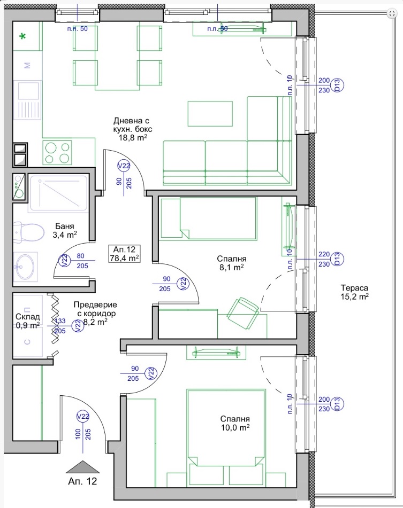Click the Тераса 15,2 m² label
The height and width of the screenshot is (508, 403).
(354, 292)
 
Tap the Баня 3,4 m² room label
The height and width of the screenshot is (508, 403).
(65, 230)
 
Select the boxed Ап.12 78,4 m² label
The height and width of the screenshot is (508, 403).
(125, 254)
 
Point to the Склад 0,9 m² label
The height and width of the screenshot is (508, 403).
(28, 321)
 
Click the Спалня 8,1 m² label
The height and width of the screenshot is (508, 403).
(231, 263)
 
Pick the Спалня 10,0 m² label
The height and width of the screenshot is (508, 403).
(235, 423)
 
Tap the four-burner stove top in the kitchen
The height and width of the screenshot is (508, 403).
(57, 153)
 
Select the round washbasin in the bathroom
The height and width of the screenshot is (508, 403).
(25, 267)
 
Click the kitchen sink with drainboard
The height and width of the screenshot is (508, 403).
(28, 100)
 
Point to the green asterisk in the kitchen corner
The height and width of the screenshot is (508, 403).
(22, 37)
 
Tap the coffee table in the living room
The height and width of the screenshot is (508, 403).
(210, 113)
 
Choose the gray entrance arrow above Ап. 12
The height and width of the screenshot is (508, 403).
(82, 467)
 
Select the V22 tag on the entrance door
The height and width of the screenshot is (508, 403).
(83, 416)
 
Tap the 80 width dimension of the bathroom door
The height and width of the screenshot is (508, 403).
(80, 256)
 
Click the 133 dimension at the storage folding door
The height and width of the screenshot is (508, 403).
(60, 321)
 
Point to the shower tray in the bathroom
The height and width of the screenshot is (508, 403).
(58, 193)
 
